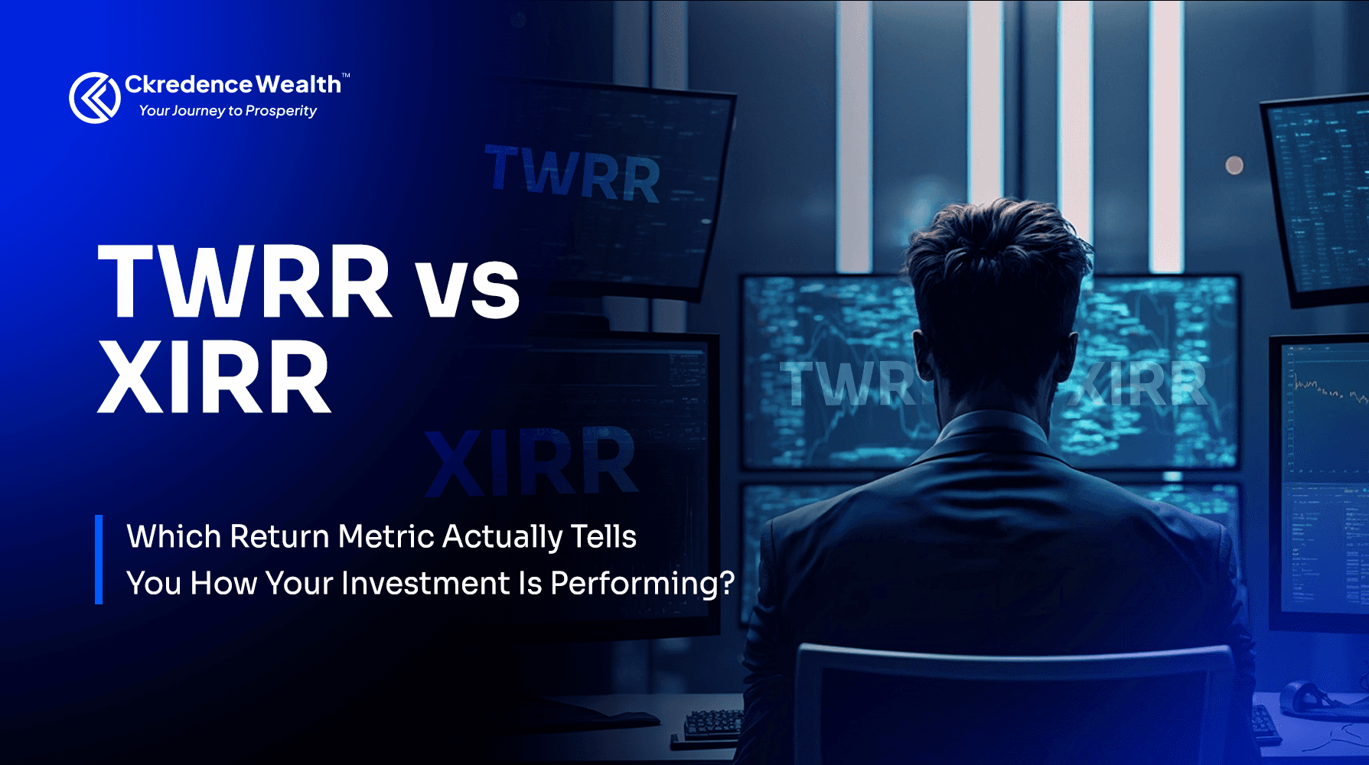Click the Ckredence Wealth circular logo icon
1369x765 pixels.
point(95,97)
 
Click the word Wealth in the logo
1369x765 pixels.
point(298,84)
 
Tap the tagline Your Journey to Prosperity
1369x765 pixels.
point(227,111)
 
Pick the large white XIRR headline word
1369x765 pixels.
point(214,376)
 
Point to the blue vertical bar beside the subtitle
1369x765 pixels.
point(99,559)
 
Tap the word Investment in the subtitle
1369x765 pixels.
point(425,584)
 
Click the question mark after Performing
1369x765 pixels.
point(727,583)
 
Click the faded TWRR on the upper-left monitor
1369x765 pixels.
point(572,175)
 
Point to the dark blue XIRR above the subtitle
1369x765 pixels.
point(531,462)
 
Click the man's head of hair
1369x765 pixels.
point(999,245)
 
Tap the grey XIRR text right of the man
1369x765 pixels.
point(1140,384)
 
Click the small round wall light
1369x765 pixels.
point(1234,165)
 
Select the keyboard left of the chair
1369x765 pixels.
point(712,723)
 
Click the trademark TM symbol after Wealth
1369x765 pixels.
point(346,75)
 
